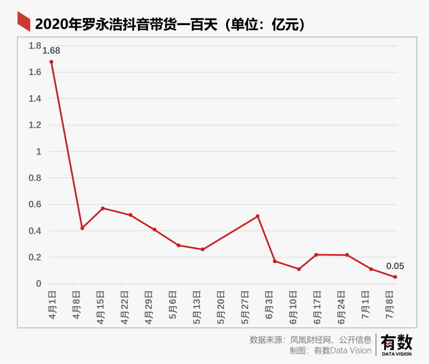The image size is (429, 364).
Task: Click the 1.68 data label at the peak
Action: click(x=51, y=51)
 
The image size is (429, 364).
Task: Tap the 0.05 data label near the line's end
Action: click(x=395, y=266)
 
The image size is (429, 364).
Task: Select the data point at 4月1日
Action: click(x=51, y=62)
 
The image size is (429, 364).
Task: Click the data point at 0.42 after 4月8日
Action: click(x=82, y=228)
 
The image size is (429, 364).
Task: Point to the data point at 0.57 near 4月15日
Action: click(x=102, y=208)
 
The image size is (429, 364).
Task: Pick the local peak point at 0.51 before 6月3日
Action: click(x=258, y=216)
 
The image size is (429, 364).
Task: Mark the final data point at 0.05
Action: click(x=395, y=277)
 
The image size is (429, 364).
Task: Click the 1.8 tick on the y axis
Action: click(x=35, y=46)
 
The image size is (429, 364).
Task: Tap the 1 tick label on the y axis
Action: click(x=39, y=152)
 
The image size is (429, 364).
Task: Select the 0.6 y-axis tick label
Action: click(x=35, y=204)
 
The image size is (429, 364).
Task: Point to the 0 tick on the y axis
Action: click(x=39, y=284)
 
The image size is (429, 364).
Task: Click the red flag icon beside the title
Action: click(x=24, y=22)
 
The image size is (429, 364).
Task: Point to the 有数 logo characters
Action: click(x=396, y=342)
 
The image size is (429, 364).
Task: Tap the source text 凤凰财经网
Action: click(x=309, y=340)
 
